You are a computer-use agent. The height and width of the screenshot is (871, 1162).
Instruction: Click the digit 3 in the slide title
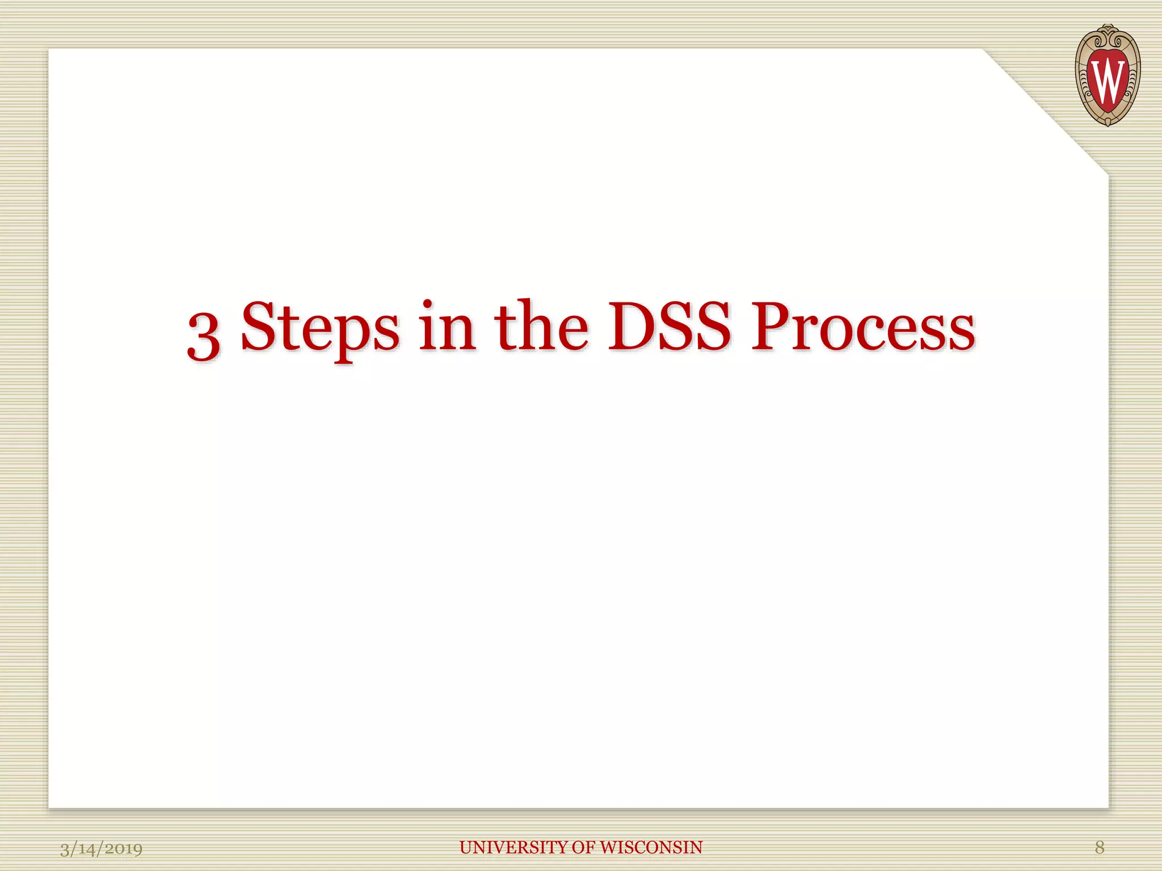click(x=204, y=336)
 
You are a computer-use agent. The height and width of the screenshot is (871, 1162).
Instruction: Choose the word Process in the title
click(x=862, y=327)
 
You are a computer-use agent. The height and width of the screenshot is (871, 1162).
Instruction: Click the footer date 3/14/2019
click(x=102, y=848)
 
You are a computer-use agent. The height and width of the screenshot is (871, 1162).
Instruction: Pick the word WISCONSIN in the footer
click(x=651, y=847)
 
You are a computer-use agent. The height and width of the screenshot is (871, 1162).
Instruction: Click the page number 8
click(x=1100, y=847)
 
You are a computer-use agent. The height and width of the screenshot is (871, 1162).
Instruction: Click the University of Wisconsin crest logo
click(x=1107, y=75)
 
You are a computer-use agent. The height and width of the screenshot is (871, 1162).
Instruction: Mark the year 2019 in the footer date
click(x=124, y=849)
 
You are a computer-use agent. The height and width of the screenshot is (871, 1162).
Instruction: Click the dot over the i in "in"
click(x=428, y=304)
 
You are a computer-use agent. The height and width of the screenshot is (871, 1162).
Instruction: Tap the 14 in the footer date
click(x=86, y=849)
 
